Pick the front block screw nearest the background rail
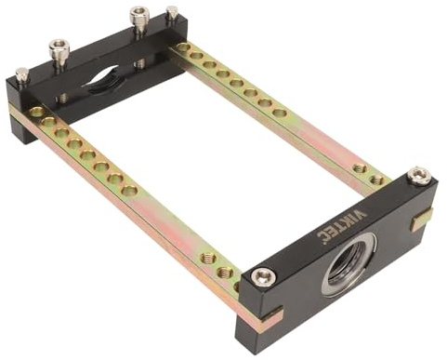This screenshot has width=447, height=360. pyautogui.click(x=419, y=176)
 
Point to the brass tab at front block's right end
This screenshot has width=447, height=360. pyautogui.click(x=423, y=219)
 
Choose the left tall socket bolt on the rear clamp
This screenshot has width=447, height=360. pyautogui.click(x=59, y=52)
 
